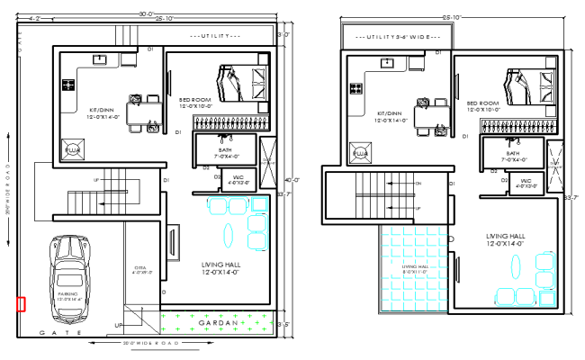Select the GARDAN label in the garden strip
[x=217, y=321]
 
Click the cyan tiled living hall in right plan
[x=414, y=267]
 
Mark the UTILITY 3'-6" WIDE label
[x=397, y=37]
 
